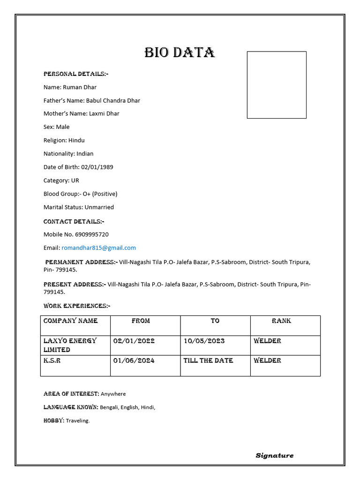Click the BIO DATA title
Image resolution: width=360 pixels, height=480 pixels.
tap(180, 52)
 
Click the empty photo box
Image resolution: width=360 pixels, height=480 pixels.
tap(277, 85)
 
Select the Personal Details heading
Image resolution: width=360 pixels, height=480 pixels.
tap(76, 74)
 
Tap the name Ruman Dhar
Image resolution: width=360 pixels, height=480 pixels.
tap(83, 87)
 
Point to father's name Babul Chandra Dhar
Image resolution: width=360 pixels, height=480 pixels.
tap(113, 100)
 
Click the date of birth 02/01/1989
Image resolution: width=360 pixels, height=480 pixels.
tap(97, 167)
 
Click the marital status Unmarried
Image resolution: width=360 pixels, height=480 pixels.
tap(99, 207)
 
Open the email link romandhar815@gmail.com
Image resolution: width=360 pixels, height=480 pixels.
tap(98, 247)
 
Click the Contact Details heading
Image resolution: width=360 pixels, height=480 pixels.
tap(74, 221)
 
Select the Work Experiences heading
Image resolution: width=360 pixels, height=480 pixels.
tap(77, 306)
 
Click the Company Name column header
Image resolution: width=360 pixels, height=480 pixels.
tap(70, 321)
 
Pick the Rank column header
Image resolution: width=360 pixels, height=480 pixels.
tap(281, 321)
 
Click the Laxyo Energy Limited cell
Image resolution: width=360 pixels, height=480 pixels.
tap(70, 345)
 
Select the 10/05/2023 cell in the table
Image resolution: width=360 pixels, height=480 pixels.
tap(204, 341)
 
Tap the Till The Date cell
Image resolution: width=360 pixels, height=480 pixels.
tap(208, 360)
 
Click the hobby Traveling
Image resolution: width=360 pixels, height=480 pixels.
tap(77, 421)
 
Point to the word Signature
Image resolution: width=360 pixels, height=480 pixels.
tap(275, 455)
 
